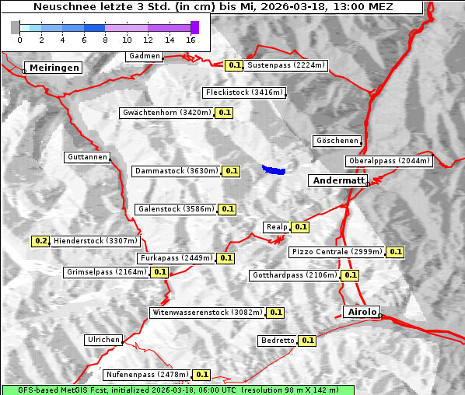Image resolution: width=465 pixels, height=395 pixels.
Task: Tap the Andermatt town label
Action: point(338,180)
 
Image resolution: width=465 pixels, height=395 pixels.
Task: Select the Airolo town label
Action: point(362,312)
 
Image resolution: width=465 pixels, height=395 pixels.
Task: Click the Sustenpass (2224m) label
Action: point(286,65)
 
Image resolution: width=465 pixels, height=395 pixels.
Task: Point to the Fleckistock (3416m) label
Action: point(243,93)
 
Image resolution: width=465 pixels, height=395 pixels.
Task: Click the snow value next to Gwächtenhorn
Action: point(225,113)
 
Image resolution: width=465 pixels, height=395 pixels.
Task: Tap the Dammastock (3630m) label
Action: point(175,170)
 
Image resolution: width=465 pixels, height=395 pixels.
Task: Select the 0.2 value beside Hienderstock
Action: point(41,241)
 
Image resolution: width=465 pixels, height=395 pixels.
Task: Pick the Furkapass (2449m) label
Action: point(176,258)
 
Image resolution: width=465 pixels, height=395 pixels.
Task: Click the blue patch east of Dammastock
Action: point(274,169)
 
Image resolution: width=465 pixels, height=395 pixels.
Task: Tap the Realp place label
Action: point(276,227)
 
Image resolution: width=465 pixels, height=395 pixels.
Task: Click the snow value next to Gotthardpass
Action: point(350,275)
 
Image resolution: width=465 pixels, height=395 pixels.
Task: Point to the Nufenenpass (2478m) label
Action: point(147,375)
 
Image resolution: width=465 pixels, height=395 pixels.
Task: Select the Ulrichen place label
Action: point(103,340)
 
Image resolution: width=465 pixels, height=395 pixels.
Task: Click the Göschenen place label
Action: point(337,141)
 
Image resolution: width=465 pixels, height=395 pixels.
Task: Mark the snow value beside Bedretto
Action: point(307,341)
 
